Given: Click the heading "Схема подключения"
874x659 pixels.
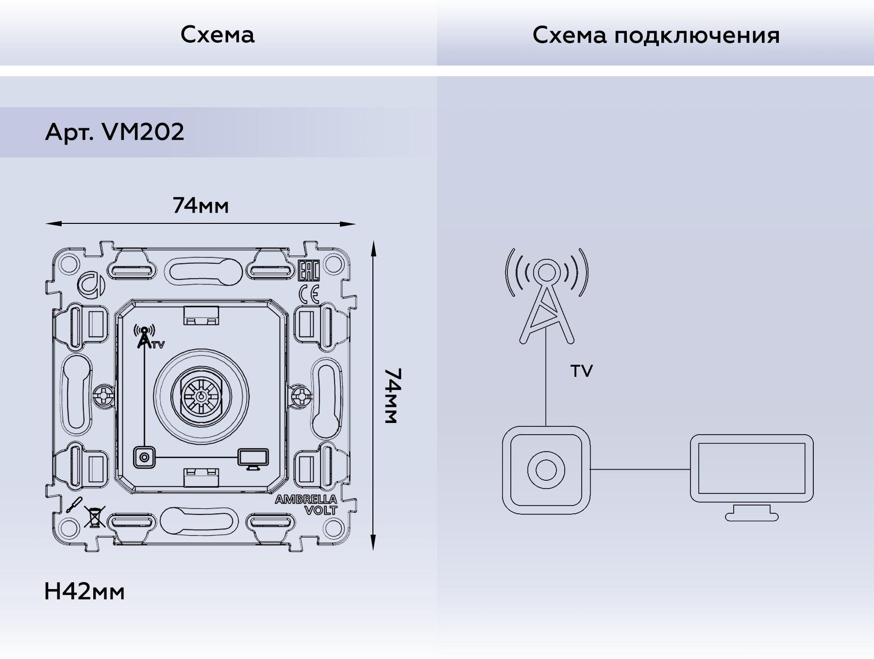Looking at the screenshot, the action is click(656, 35).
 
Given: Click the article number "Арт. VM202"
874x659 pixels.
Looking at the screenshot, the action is click(115, 132).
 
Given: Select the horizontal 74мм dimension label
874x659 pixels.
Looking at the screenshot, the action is click(201, 206).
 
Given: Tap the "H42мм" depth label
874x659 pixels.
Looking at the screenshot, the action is click(84, 592).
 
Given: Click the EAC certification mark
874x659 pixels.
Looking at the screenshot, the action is click(308, 271).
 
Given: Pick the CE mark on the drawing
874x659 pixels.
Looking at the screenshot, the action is click(309, 294).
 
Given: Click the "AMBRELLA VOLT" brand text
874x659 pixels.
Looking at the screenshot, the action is click(306, 505).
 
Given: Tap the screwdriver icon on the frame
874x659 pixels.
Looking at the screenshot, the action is click(74, 506).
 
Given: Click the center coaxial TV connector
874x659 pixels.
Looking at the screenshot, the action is click(202, 396).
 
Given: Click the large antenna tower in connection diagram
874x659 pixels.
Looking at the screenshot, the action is click(546, 296).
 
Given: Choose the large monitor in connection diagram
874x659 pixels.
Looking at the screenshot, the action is click(752, 477).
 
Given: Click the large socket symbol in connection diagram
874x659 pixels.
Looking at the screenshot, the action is click(546, 470).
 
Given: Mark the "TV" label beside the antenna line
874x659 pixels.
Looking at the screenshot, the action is click(582, 372).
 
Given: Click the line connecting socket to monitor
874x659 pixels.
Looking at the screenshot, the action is click(640, 470).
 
